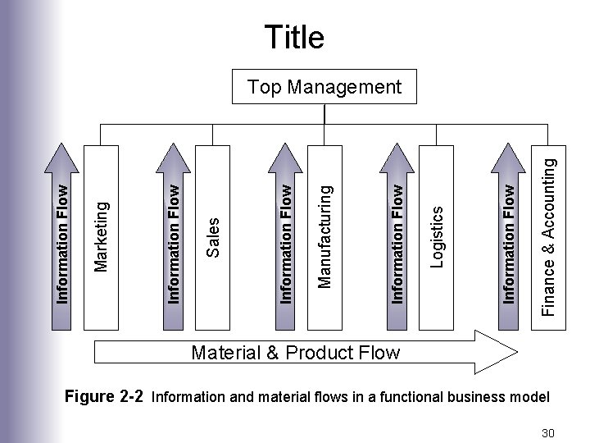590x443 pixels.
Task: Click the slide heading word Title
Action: coord(294,37)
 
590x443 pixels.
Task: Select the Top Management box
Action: coord(324,87)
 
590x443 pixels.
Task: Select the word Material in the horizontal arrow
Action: coord(224,354)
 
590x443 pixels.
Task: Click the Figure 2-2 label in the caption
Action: coord(104,397)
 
